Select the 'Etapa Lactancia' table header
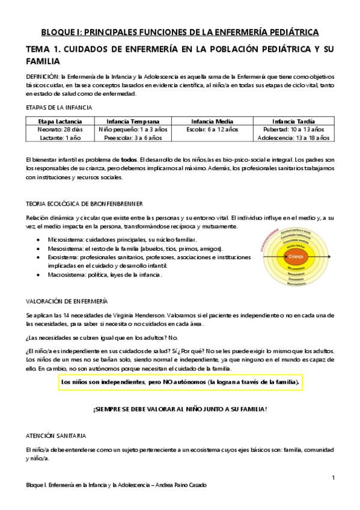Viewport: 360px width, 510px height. [60, 121]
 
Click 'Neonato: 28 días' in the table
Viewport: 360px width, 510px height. [60, 129]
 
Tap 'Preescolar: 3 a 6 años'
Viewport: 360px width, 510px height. [133, 138]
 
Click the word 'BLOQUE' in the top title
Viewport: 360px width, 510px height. [57, 32]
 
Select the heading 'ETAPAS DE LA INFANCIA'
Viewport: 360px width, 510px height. [59, 108]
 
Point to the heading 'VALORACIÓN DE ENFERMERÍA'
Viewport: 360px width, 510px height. [67, 300]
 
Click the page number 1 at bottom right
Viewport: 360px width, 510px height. [332, 478]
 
